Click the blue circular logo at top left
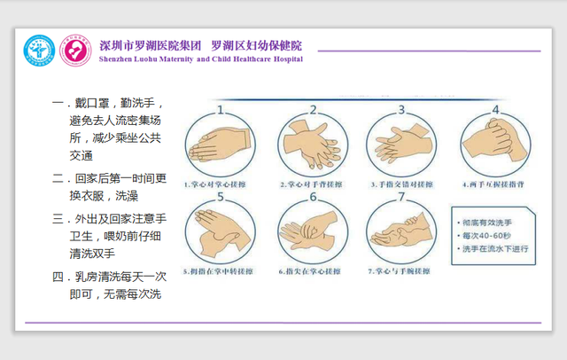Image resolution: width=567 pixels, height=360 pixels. pos(38,49)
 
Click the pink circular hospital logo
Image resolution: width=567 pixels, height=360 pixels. pos(73,49)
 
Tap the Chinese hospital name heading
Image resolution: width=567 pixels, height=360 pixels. pos(200,44)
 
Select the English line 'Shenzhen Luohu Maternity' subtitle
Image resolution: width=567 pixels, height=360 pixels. pos(201,59)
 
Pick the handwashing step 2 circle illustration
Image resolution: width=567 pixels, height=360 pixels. pos(310,144)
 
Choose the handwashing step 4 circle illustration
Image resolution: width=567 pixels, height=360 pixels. pos(492,142)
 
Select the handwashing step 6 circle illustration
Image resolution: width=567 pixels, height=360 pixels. pos(310,232)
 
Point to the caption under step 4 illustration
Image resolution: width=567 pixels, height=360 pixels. pos(493,184)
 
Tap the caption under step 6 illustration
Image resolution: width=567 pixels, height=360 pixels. pos(310,270)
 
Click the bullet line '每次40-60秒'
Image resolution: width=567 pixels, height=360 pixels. pos(487,235)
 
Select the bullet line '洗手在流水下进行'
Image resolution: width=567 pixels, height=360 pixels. pos(494,248)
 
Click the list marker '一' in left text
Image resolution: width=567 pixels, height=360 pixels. pos(58,104)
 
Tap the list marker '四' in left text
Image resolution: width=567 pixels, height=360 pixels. pos(58,277)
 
